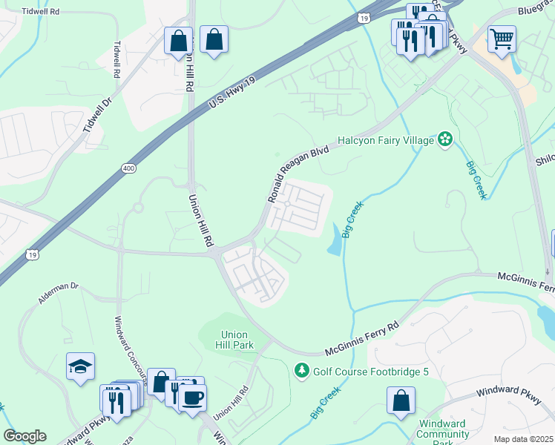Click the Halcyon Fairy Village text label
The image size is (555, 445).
click(x=385, y=139)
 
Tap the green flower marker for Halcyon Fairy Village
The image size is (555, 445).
click(x=445, y=139)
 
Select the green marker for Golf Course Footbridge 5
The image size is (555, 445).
click(x=302, y=369)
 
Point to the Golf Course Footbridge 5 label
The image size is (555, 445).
click(x=371, y=370)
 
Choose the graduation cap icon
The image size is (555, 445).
click(x=80, y=366)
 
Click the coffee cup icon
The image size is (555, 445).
click(x=193, y=397)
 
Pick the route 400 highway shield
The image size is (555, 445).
click(x=129, y=170)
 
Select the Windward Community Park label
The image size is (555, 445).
click(x=443, y=433)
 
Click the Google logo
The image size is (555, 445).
click(x=24, y=436)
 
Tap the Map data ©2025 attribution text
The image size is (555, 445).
click(x=523, y=439)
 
